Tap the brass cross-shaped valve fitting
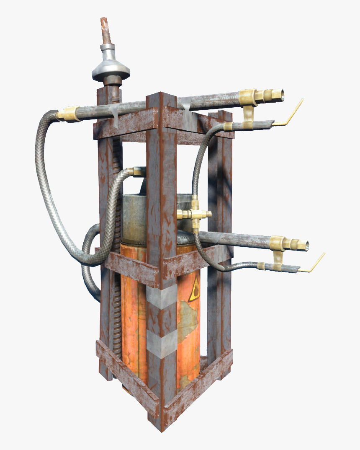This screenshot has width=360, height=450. pos(194,214)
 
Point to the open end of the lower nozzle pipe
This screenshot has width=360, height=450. pos(306,246)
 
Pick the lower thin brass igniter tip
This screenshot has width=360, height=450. pos(316,263)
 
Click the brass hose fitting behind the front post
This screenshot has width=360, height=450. pos(136,171)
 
